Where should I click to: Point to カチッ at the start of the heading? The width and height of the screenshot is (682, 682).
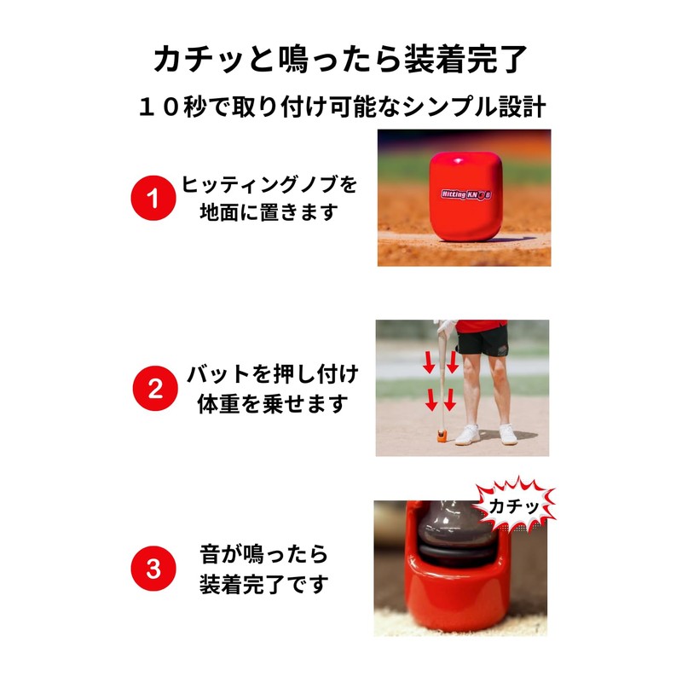click(192, 59)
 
